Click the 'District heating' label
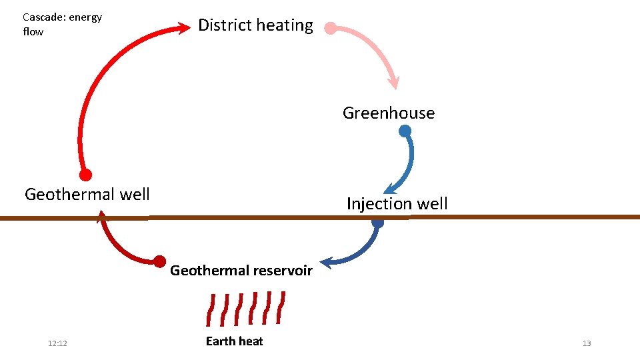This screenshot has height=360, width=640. (255, 25)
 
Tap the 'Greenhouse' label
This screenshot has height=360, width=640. (389, 113)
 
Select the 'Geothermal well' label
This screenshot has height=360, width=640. (87, 194)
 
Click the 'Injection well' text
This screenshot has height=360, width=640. (397, 204)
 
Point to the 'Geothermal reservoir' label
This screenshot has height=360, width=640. (241, 271)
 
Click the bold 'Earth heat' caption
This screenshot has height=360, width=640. (234, 341)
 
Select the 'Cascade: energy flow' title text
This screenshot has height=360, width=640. (62, 24)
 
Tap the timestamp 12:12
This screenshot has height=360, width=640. (57, 343)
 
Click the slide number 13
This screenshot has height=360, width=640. (587, 343)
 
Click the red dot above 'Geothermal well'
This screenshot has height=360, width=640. (85, 175)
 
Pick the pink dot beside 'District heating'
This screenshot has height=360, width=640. (330, 28)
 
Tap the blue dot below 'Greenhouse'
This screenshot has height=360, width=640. (405, 131)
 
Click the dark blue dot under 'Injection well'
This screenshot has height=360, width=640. (377, 222)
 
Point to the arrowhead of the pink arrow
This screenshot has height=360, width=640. (394, 83)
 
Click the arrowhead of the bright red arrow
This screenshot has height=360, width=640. (184, 28)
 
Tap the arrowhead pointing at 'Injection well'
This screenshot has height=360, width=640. (389, 189)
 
